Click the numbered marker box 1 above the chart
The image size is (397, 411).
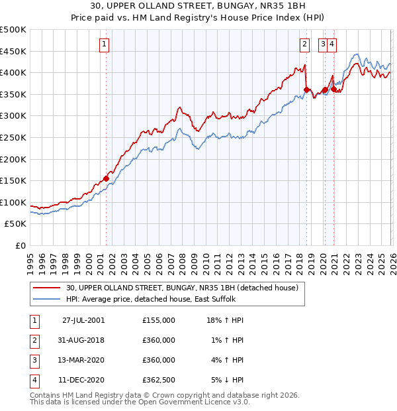pyautogui.click(x=105, y=44)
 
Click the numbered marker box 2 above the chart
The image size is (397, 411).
pyautogui.click(x=304, y=44)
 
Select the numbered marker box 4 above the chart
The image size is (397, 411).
pyautogui.click(x=331, y=44)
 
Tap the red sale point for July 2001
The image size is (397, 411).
pyautogui.click(x=106, y=178)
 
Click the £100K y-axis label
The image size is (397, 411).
pyautogui.click(x=13, y=202)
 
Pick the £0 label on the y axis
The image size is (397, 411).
pyautogui.click(x=21, y=245)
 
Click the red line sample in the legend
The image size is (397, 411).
pyautogui.click(x=47, y=288)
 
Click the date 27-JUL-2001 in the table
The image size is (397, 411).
pyautogui.click(x=83, y=320)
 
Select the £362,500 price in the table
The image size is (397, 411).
pyautogui.click(x=159, y=380)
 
